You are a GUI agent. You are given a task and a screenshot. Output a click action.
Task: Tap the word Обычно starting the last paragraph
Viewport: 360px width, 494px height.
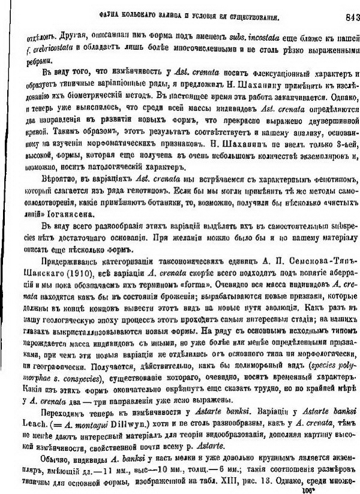(40, 454)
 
